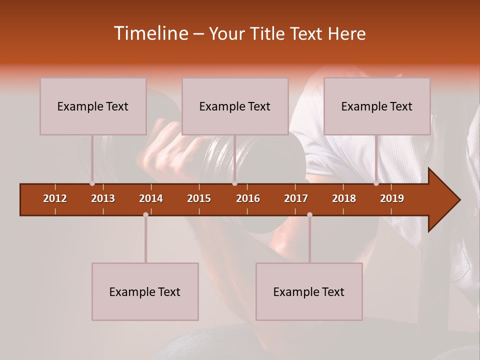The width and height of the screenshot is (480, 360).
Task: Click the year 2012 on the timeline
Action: point(55,198)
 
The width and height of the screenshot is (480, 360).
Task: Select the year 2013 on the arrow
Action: point(103,198)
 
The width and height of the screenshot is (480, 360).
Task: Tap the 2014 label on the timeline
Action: point(151,198)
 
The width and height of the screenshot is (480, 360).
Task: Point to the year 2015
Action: point(199,198)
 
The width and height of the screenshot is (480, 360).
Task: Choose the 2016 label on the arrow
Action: point(248,198)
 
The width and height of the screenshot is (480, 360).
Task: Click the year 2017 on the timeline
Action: point(296,198)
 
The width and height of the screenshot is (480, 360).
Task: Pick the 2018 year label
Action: point(344,198)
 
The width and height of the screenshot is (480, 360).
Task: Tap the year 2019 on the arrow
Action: point(392,198)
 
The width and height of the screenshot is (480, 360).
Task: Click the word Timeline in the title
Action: point(150,33)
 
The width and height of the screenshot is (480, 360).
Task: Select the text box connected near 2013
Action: point(93,106)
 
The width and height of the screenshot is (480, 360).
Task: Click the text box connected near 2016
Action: point(235,106)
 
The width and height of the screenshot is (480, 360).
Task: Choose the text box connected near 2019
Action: point(377,106)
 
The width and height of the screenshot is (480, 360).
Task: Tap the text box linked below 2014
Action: point(145,291)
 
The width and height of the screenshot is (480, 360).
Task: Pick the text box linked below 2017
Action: point(309,291)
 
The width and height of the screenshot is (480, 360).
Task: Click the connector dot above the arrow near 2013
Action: point(92,183)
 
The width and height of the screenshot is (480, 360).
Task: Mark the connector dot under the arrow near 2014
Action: point(145,215)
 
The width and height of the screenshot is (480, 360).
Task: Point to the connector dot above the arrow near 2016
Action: point(234,183)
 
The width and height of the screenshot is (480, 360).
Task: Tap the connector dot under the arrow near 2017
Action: point(309,215)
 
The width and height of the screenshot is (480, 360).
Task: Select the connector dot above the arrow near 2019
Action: point(376,183)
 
